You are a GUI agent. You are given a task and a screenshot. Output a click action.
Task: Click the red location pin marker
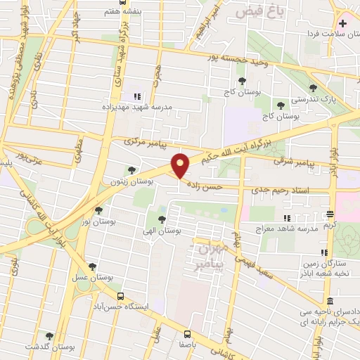coord(181,166)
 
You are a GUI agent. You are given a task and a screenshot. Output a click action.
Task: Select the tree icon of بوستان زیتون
coord(131,169)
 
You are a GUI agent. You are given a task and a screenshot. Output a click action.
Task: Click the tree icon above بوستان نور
coord(98,209)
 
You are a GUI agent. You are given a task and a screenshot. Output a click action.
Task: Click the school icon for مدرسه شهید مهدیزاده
coord(137,98)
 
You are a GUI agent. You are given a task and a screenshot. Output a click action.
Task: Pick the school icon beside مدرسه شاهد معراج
coord(287,218)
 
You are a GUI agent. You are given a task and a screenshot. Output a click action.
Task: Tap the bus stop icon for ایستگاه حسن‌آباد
coord(120,296)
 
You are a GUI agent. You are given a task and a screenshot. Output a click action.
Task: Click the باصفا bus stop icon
coord(188,334)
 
